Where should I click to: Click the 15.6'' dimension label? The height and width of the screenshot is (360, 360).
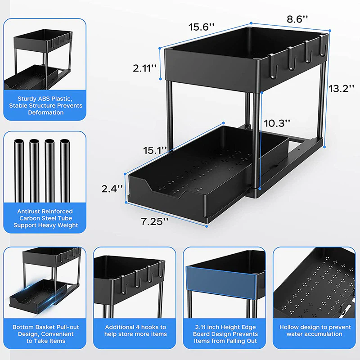coord(202,27)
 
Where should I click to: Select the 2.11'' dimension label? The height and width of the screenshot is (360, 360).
coord(144,68)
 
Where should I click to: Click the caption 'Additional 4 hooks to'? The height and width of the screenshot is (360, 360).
coord(135,327)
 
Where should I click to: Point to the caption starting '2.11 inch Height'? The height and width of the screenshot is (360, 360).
coord(225,327)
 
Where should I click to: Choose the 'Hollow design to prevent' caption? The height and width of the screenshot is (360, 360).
coord(315,327)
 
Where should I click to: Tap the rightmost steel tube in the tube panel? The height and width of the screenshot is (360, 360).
coord(65,171)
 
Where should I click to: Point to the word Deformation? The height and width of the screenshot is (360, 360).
coord(45,112)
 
